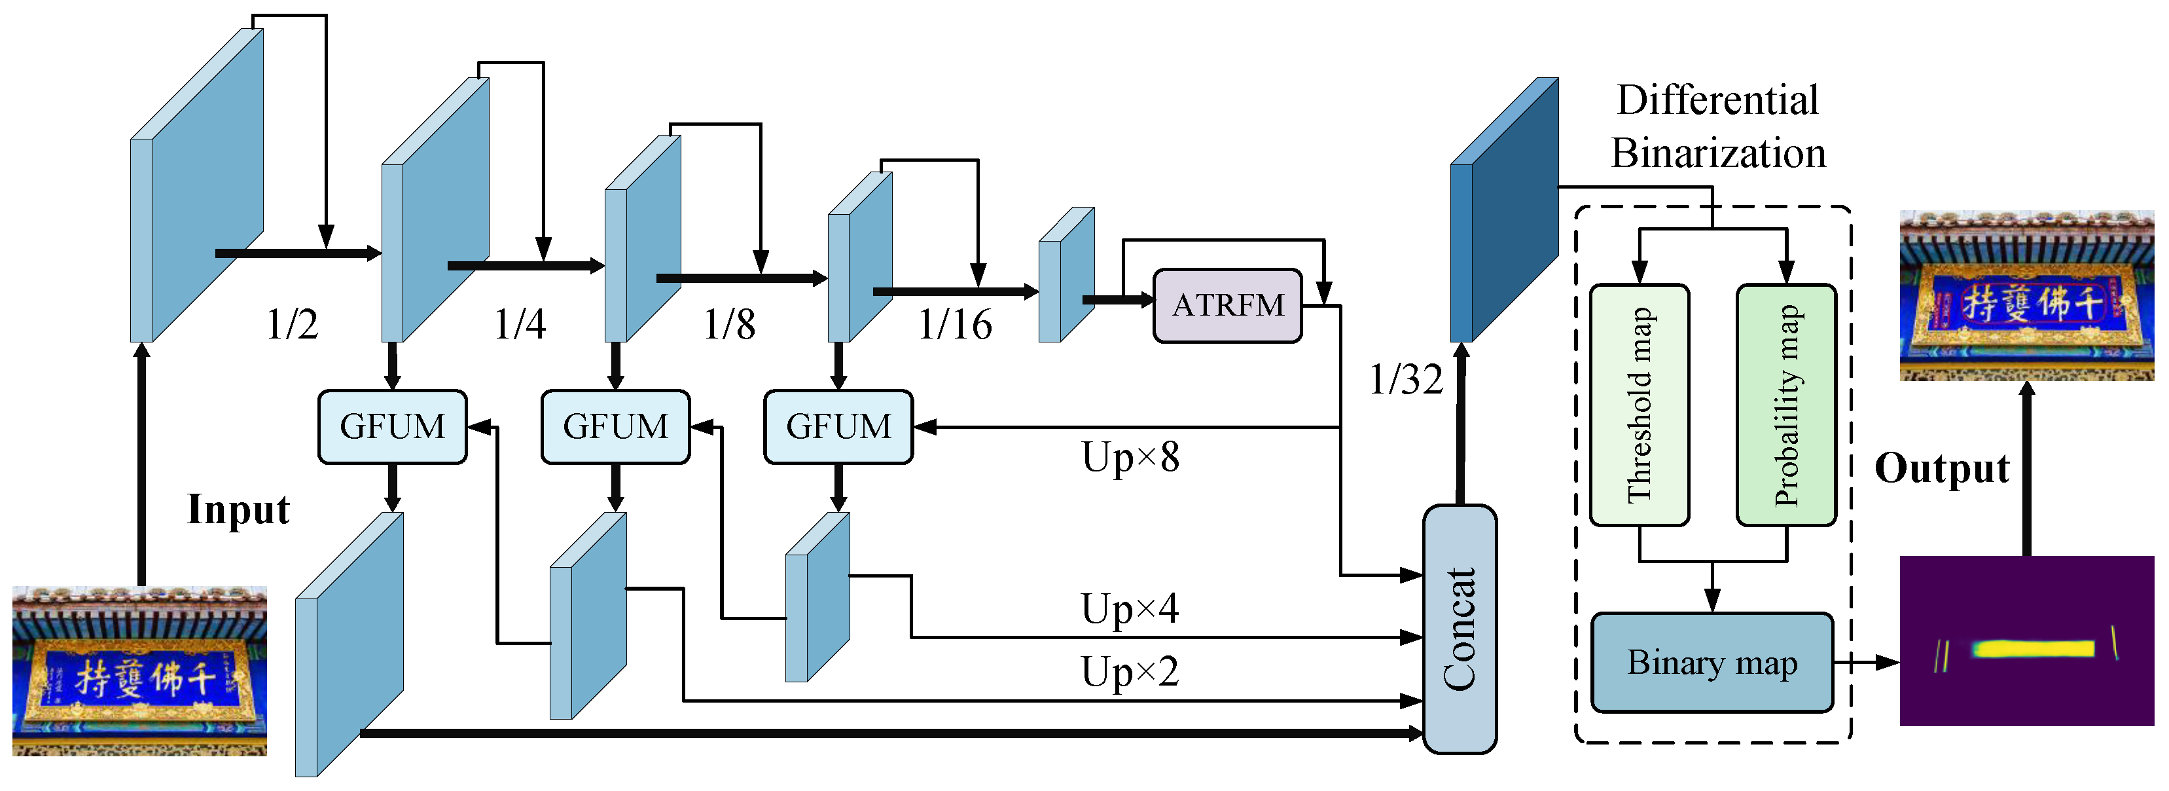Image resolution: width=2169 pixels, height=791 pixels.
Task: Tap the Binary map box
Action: point(1712,663)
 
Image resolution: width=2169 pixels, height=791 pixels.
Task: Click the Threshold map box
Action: point(1639,405)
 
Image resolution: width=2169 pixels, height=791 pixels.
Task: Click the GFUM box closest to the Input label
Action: point(393,426)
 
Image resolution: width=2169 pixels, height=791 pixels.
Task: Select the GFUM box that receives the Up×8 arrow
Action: point(838,426)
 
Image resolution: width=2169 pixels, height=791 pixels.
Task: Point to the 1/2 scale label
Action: point(292,324)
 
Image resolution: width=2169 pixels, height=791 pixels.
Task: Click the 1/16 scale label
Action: point(955,324)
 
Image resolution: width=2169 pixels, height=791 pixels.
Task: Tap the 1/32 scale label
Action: point(1405,379)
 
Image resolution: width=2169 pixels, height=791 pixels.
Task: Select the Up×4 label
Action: point(1130,608)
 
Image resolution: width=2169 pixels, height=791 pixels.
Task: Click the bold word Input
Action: point(238,509)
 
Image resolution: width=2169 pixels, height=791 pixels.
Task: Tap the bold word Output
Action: point(1942,468)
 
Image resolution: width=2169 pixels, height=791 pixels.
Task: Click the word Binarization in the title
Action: point(1717,153)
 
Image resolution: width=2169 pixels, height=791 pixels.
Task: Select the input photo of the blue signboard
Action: point(140,671)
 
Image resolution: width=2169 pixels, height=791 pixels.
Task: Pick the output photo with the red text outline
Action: point(2027,297)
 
